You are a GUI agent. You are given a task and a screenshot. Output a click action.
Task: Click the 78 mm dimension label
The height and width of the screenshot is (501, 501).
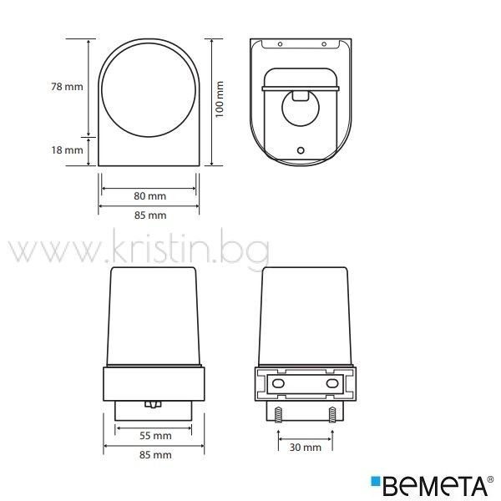tap(67, 87)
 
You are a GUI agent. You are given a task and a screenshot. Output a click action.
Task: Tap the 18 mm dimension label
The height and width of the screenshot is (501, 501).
tap(67, 149)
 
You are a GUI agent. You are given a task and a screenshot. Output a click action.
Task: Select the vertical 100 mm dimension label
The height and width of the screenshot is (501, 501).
tap(219, 99)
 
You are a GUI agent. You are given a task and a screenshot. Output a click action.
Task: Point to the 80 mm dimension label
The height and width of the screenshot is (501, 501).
tap(149, 196)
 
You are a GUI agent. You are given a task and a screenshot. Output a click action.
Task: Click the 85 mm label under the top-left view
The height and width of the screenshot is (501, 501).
tap(150, 215)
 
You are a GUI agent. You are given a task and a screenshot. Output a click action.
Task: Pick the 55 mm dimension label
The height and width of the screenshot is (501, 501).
tap(155, 436)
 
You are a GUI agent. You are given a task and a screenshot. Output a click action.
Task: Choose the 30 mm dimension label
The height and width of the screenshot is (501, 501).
tap(306, 448)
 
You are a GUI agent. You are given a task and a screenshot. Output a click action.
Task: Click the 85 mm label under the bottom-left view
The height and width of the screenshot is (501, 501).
tap(155, 455)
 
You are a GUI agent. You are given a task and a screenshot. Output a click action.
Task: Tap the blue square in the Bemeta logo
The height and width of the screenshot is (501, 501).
tap(376, 482)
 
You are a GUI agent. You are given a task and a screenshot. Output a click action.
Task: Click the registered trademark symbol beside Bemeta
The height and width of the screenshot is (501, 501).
tap(490, 479)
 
